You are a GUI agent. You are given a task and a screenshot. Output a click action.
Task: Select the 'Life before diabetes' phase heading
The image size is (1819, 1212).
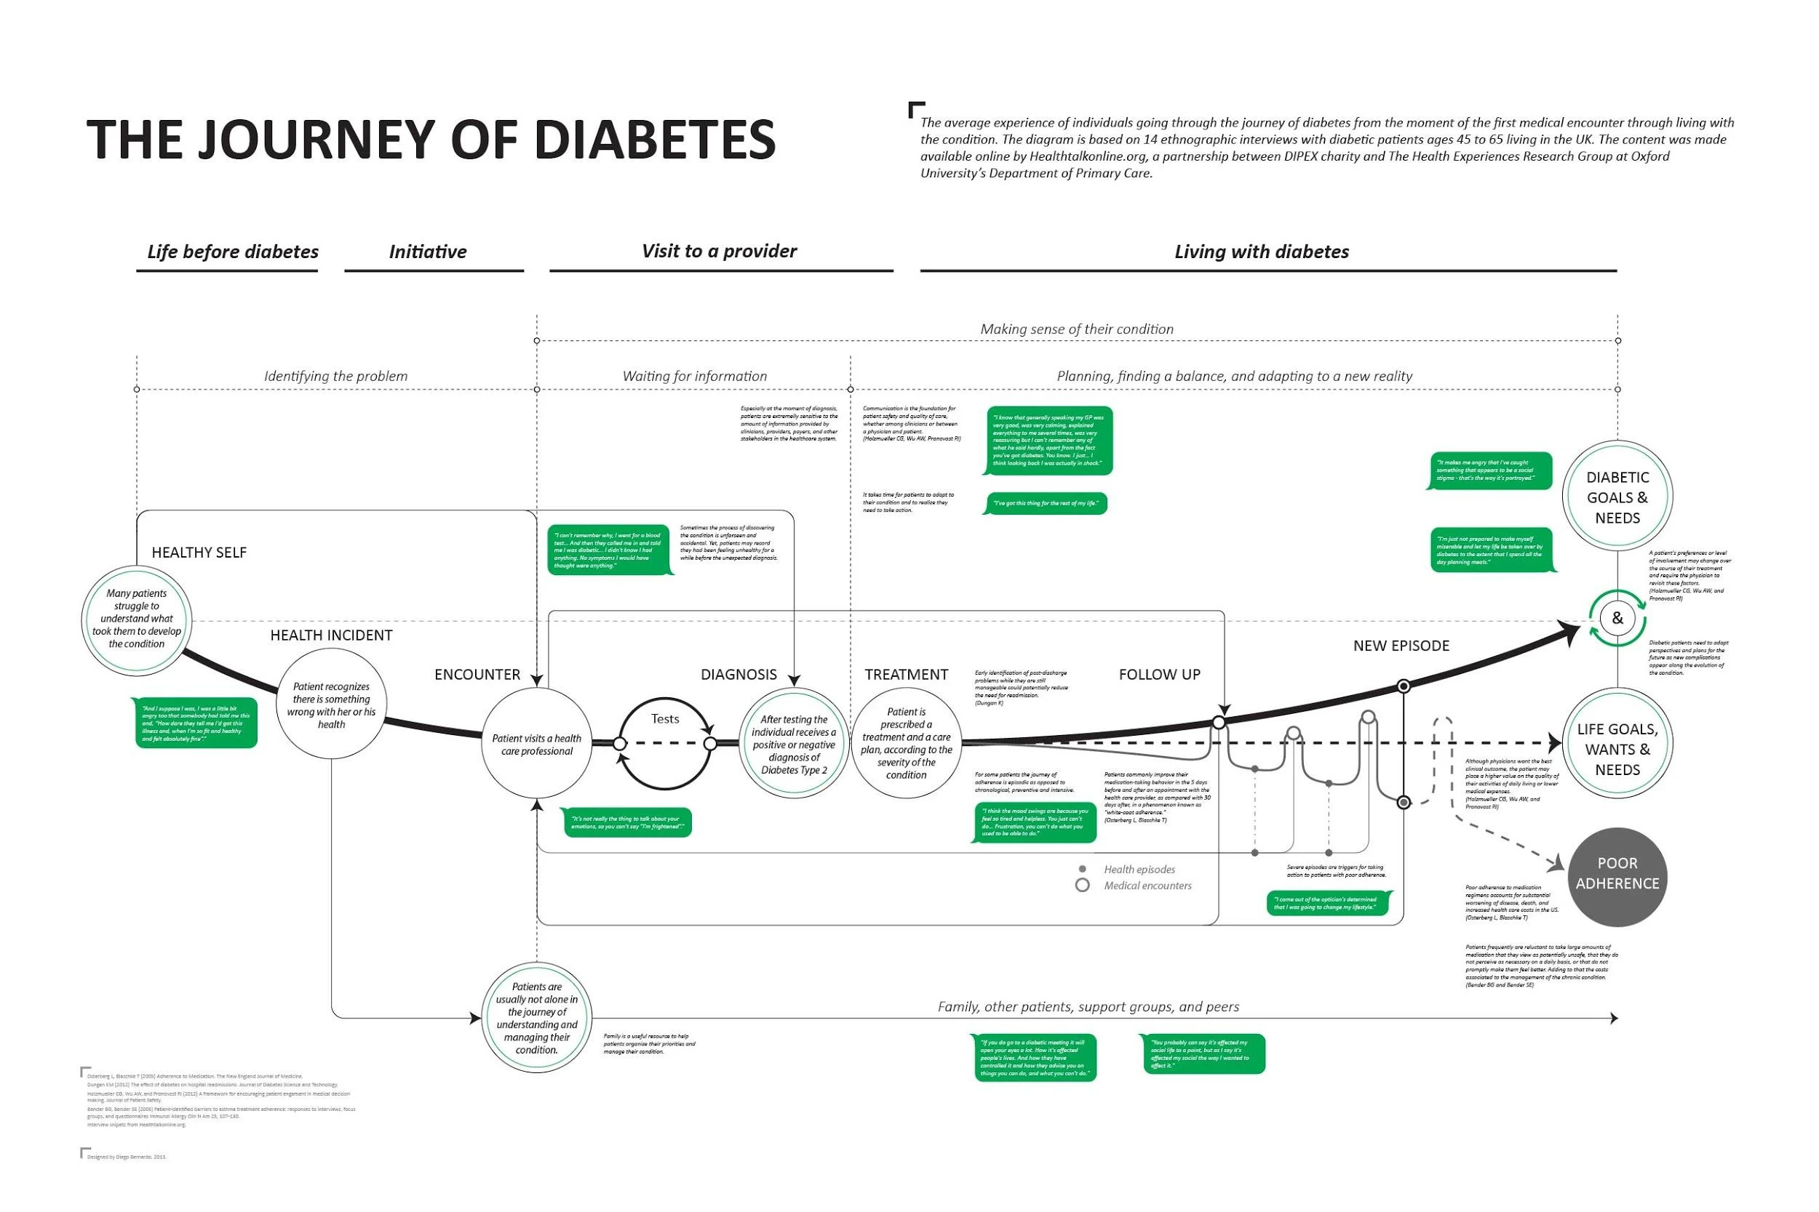pos(232,252)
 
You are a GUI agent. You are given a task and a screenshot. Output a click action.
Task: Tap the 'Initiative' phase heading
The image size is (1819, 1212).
pos(428,252)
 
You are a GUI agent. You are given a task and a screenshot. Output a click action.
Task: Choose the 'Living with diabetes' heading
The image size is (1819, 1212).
pos(1261,252)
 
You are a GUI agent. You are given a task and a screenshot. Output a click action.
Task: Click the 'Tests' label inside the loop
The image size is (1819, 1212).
pos(664,719)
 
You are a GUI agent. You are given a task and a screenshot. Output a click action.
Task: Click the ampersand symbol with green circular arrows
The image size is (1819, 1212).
pos(1617,619)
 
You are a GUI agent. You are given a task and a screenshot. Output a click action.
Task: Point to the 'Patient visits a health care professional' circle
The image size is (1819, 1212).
pos(537,744)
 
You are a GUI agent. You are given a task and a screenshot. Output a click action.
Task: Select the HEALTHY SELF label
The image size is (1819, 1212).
pos(199,553)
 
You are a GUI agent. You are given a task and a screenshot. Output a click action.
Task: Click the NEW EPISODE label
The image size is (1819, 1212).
pos(1401,646)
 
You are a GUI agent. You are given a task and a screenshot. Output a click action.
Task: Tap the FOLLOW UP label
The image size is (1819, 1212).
pos(1159,675)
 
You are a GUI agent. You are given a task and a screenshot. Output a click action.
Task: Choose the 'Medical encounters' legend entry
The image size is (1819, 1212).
pos(1147,886)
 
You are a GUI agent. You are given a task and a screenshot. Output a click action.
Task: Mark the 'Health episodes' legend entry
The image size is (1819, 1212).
pos(1139,870)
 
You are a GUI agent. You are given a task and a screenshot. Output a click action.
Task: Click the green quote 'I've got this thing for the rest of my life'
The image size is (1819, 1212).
pos(1045,503)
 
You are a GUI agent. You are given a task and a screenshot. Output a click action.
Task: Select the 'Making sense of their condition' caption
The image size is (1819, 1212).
pos(1077,329)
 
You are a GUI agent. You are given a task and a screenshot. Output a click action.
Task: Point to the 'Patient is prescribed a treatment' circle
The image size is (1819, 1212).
pos(906,743)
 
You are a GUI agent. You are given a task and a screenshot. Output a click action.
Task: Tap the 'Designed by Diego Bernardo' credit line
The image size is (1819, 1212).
pos(126,1157)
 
